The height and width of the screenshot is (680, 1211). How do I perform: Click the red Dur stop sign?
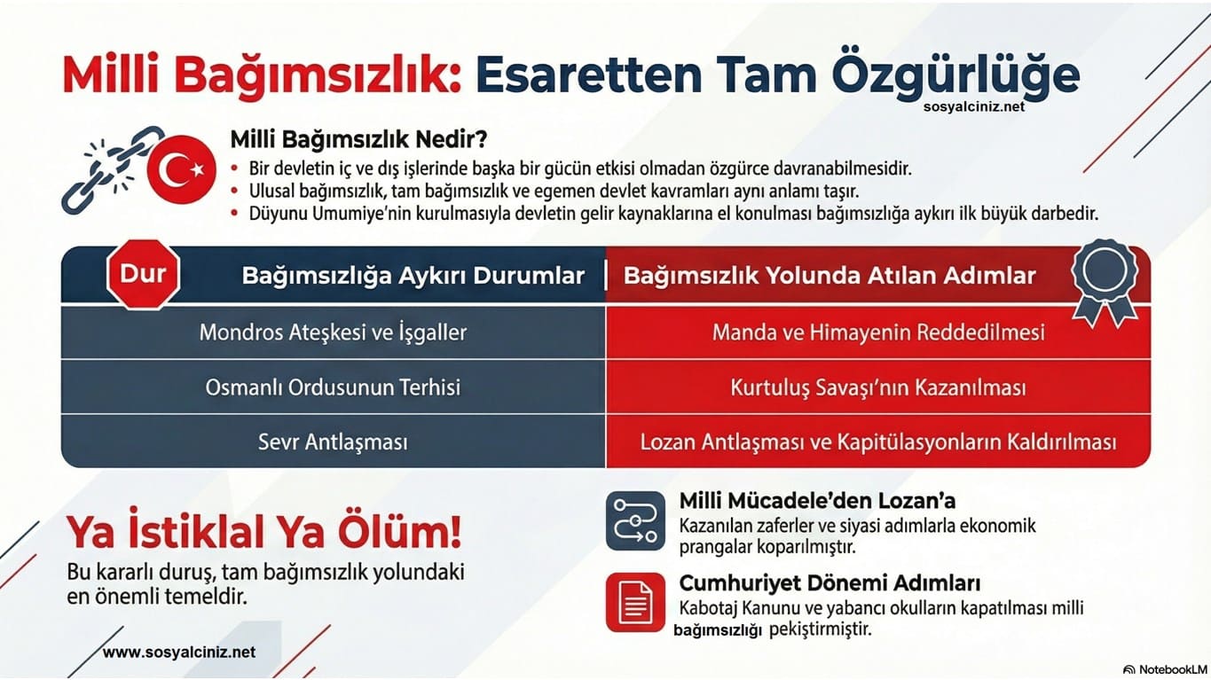pyautogui.click(x=143, y=274)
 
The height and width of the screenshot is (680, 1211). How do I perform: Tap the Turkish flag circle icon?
pyautogui.click(x=182, y=169)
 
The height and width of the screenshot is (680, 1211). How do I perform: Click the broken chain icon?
pyautogui.click(x=111, y=170)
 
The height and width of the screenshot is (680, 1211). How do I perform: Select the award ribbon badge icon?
pyautogui.click(x=1105, y=281)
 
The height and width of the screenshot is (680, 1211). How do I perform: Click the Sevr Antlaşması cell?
pyautogui.click(x=333, y=442)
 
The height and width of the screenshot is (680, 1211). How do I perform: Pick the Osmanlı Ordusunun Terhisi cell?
pyautogui.click(x=333, y=387)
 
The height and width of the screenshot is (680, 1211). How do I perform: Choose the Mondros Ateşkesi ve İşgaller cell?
pyautogui.click(x=333, y=332)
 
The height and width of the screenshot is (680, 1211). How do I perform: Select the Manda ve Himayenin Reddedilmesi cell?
pyautogui.click(x=878, y=332)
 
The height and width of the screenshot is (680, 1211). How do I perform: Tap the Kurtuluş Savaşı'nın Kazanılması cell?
pyautogui.click(x=878, y=387)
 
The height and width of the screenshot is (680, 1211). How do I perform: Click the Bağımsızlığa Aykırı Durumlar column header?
pyautogui.click(x=413, y=276)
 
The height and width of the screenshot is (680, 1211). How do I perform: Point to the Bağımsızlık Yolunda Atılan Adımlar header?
pyautogui.click(x=830, y=276)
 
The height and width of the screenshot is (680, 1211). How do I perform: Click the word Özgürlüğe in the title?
pyautogui.click(x=955, y=75)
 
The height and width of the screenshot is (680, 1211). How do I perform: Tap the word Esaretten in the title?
pyautogui.click(x=588, y=75)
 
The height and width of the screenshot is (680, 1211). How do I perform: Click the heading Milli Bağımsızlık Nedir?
pyautogui.click(x=358, y=139)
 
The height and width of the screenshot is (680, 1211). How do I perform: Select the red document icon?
pyautogui.click(x=635, y=602)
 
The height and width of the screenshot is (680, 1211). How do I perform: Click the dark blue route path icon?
pyautogui.click(x=635, y=520)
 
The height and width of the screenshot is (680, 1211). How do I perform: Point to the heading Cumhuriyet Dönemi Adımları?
pyautogui.click(x=830, y=583)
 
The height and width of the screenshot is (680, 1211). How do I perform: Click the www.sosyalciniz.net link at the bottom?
pyautogui.click(x=179, y=653)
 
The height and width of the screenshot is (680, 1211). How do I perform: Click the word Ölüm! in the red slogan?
pyautogui.click(x=400, y=531)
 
